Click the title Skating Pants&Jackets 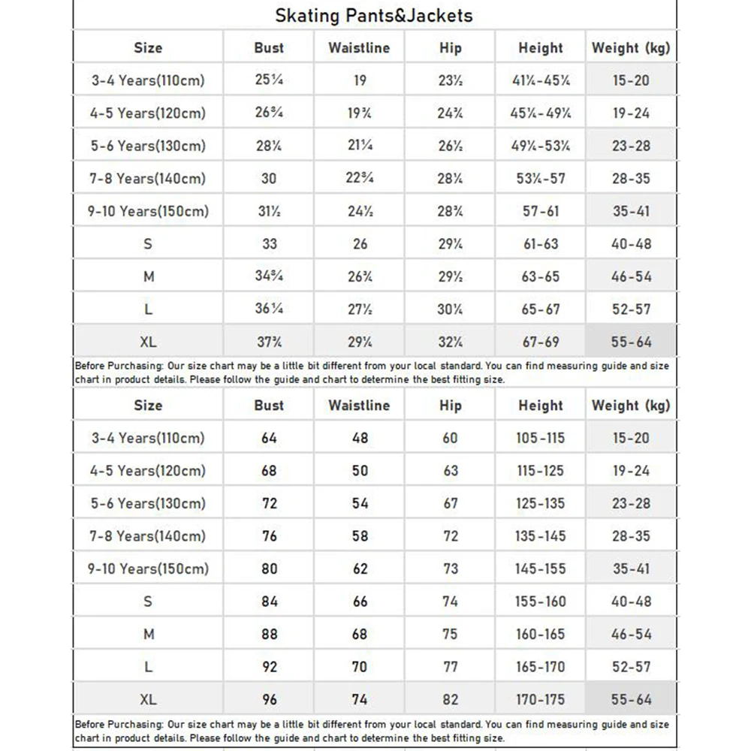(373, 15)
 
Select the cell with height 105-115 (540, 438)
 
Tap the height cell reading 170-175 (540, 699)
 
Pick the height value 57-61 (540, 211)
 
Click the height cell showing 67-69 (540, 342)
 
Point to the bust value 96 (269, 699)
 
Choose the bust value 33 (269, 243)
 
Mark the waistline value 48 (360, 438)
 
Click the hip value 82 (450, 699)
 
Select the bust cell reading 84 (269, 601)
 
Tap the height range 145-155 (540, 569)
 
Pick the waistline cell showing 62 (360, 569)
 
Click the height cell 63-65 (540, 276)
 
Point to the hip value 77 (450, 666)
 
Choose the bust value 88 (269, 634)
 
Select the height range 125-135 (540, 503)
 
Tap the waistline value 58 (360, 536)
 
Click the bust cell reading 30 (269, 179)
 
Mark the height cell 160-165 (540, 634)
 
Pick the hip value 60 (450, 438)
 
